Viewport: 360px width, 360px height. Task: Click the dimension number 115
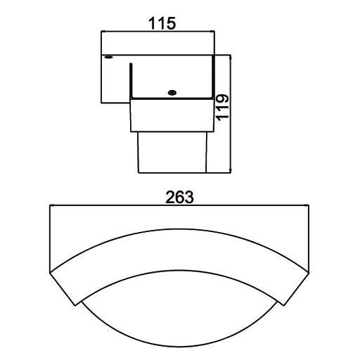(162, 22)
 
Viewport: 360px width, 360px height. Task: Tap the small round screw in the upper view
(171, 92)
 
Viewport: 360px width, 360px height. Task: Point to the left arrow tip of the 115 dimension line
(103, 31)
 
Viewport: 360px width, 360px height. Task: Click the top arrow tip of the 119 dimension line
(231, 56)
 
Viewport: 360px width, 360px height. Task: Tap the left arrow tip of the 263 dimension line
(49, 205)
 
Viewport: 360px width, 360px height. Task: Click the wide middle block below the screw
(172, 117)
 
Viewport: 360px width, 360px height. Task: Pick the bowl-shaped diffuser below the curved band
(179, 316)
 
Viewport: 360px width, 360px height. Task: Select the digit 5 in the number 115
(170, 22)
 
